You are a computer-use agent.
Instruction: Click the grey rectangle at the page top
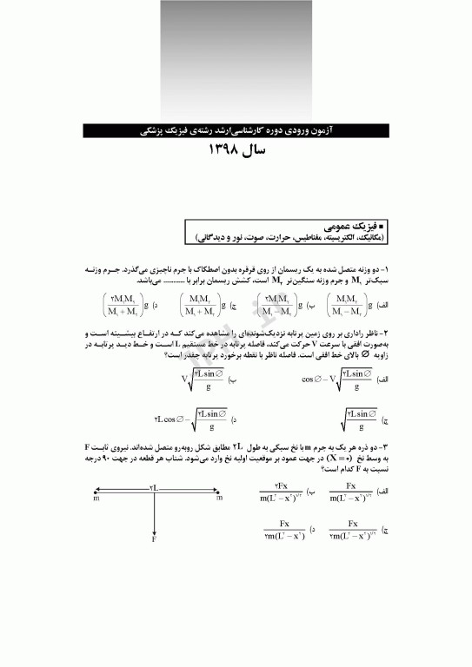pyautogui.click(x=236, y=61)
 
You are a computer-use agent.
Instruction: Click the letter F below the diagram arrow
pyautogui.click(x=154, y=540)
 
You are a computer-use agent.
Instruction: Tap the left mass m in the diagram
pyautogui.click(x=95, y=499)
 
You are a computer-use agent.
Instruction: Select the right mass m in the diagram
pyautogui.click(x=219, y=499)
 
